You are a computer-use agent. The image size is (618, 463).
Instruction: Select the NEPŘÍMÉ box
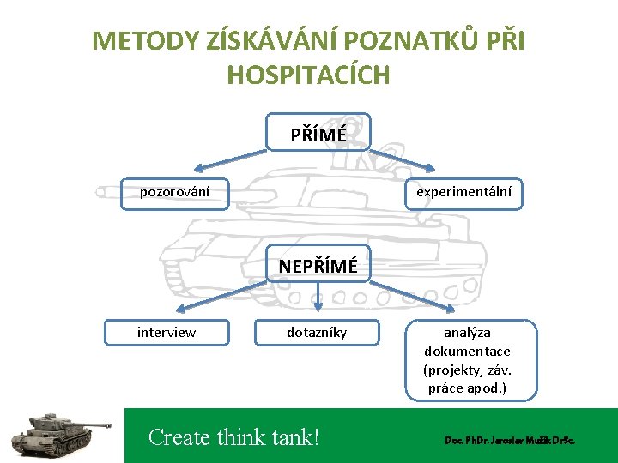click(318, 265)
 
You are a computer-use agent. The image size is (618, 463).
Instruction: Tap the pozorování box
click(174, 191)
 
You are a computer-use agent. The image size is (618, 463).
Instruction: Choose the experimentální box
click(463, 192)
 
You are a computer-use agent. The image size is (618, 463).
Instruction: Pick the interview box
click(167, 332)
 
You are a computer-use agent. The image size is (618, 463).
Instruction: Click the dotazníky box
click(317, 332)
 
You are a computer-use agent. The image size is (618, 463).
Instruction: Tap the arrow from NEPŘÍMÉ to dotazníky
click(318, 295)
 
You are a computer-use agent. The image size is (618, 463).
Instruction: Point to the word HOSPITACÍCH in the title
click(309, 75)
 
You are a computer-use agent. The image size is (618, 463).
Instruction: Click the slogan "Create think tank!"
click(233, 437)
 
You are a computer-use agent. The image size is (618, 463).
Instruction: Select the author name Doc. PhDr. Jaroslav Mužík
click(510, 440)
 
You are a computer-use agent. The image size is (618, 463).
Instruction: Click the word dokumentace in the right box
click(467, 351)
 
